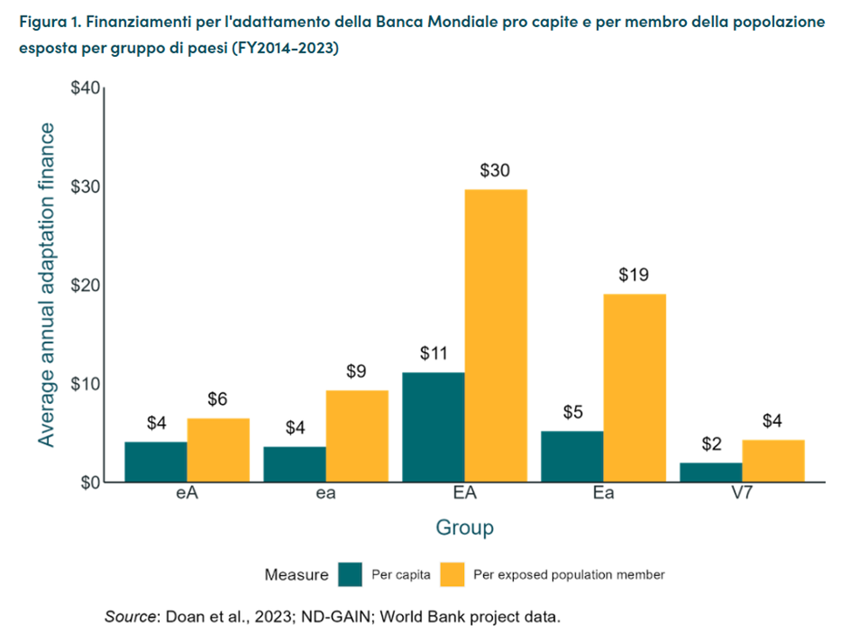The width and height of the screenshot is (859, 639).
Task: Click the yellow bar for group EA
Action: (x=495, y=336)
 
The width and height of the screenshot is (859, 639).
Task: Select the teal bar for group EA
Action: (x=433, y=427)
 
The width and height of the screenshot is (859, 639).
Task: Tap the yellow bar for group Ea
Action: (x=634, y=388)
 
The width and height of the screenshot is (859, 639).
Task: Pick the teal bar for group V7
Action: (x=711, y=472)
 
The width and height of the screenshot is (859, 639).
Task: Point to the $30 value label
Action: (x=495, y=171)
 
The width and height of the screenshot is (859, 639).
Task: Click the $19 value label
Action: (x=634, y=276)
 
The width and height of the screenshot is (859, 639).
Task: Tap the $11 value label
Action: (x=433, y=354)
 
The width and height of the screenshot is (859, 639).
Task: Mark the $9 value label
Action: (x=357, y=372)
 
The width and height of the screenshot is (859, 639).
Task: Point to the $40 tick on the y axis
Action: (x=86, y=88)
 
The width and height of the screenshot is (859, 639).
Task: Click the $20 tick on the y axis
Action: (x=86, y=286)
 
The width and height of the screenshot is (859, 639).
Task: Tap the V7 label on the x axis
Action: (x=742, y=495)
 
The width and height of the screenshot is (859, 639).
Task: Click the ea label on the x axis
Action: (x=326, y=495)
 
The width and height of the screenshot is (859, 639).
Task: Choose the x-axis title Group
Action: (x=465, y=528)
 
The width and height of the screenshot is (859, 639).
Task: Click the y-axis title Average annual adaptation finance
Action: (x=45, y=285)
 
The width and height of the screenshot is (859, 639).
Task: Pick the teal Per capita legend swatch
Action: (x=350, y=574)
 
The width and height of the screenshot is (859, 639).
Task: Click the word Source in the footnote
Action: (x=130, y=616)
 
